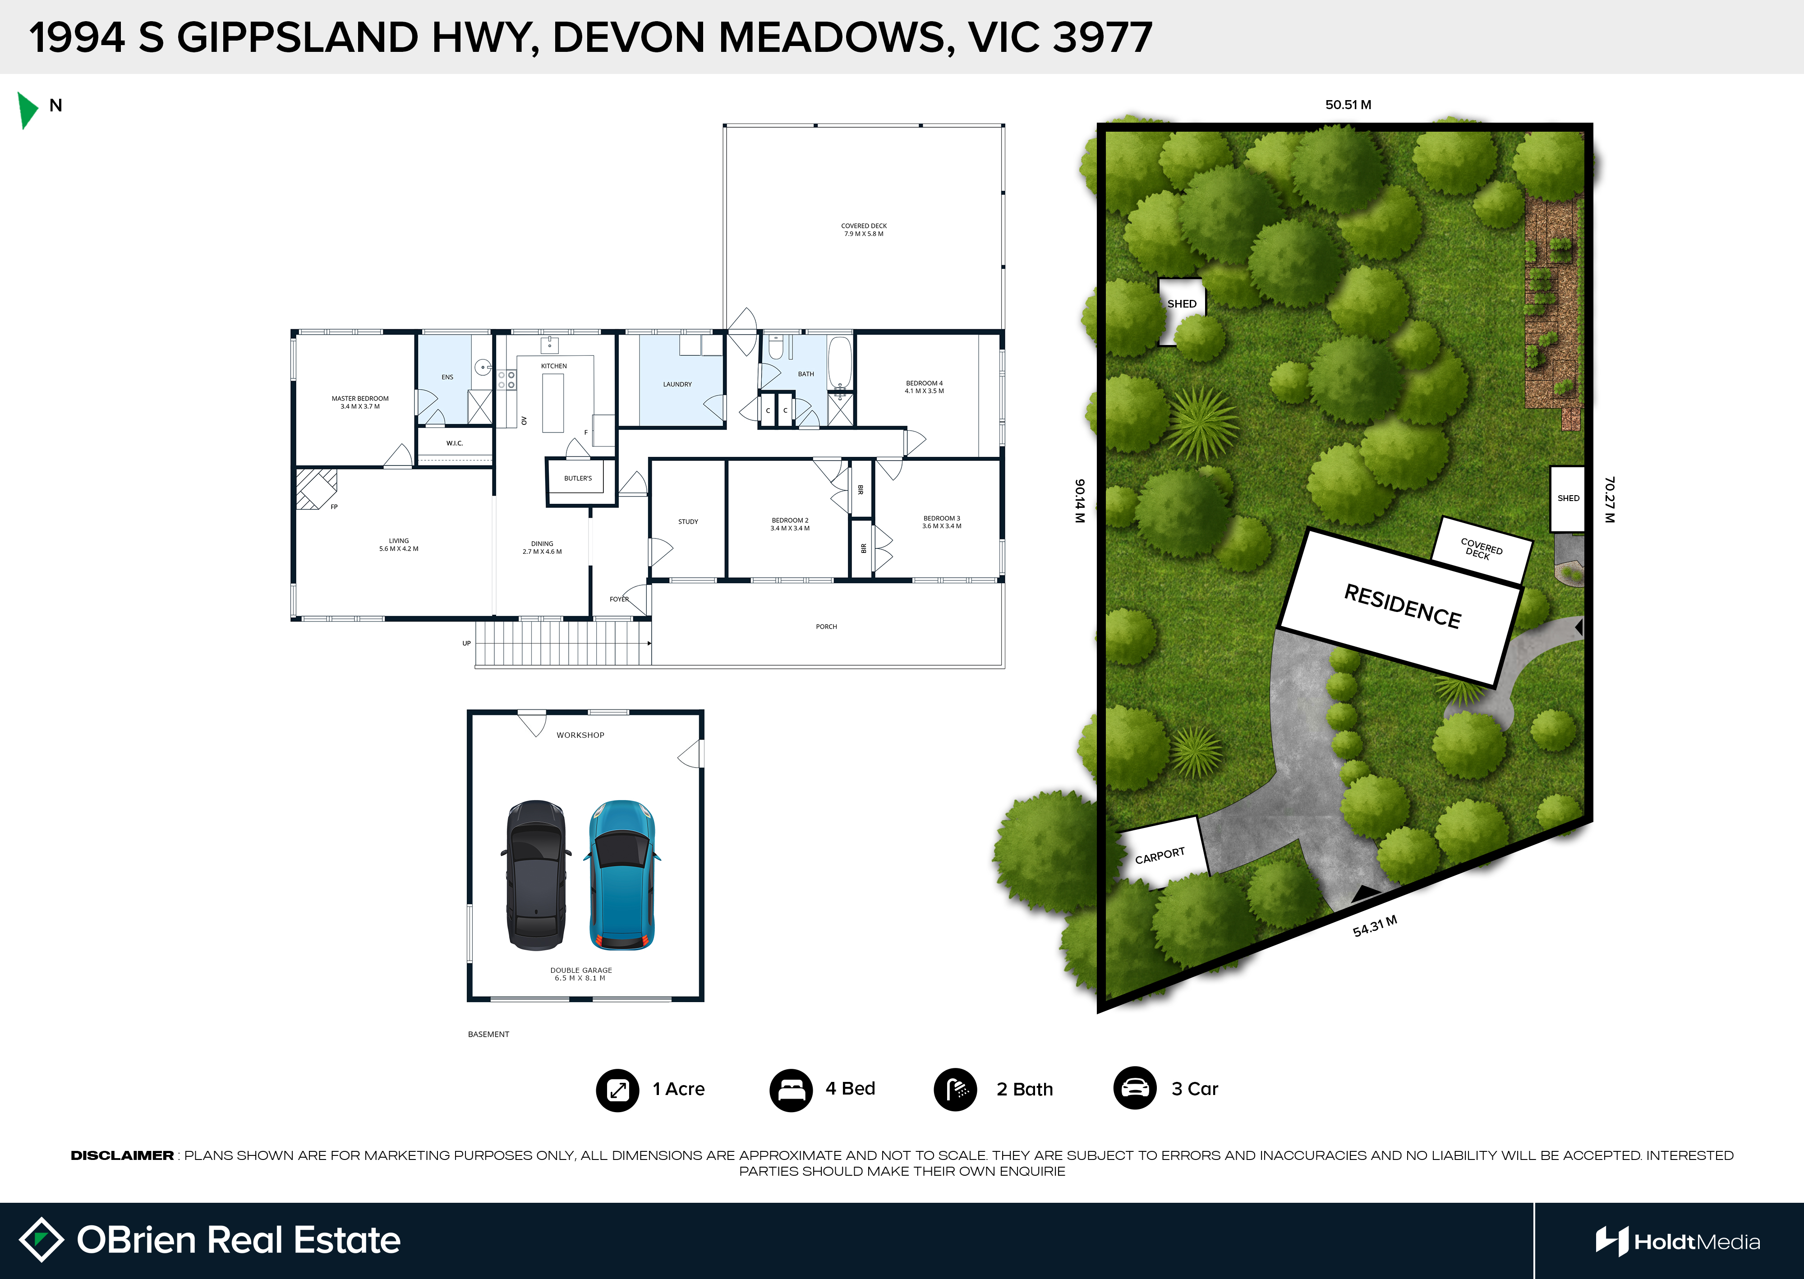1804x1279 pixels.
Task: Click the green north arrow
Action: tap(27, 110)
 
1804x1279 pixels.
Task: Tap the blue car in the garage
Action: tap(622, 875)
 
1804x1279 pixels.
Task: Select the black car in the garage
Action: tap(536, 875)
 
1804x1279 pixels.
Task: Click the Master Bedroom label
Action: tap(360, 402)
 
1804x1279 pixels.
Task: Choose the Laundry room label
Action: tap(677, 384)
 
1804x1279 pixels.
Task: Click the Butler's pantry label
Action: tap(578, 478)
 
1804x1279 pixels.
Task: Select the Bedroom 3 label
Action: tap(942, 522)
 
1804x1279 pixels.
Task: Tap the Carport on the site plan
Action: tap(1162, 852)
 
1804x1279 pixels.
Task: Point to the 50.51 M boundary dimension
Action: tap(1348, 105)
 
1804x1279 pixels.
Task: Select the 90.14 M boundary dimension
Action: tap(1080, 501)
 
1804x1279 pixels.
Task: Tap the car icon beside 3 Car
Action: tap(1135, 1088)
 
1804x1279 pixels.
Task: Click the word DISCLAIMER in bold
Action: tap(122, 1155)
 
